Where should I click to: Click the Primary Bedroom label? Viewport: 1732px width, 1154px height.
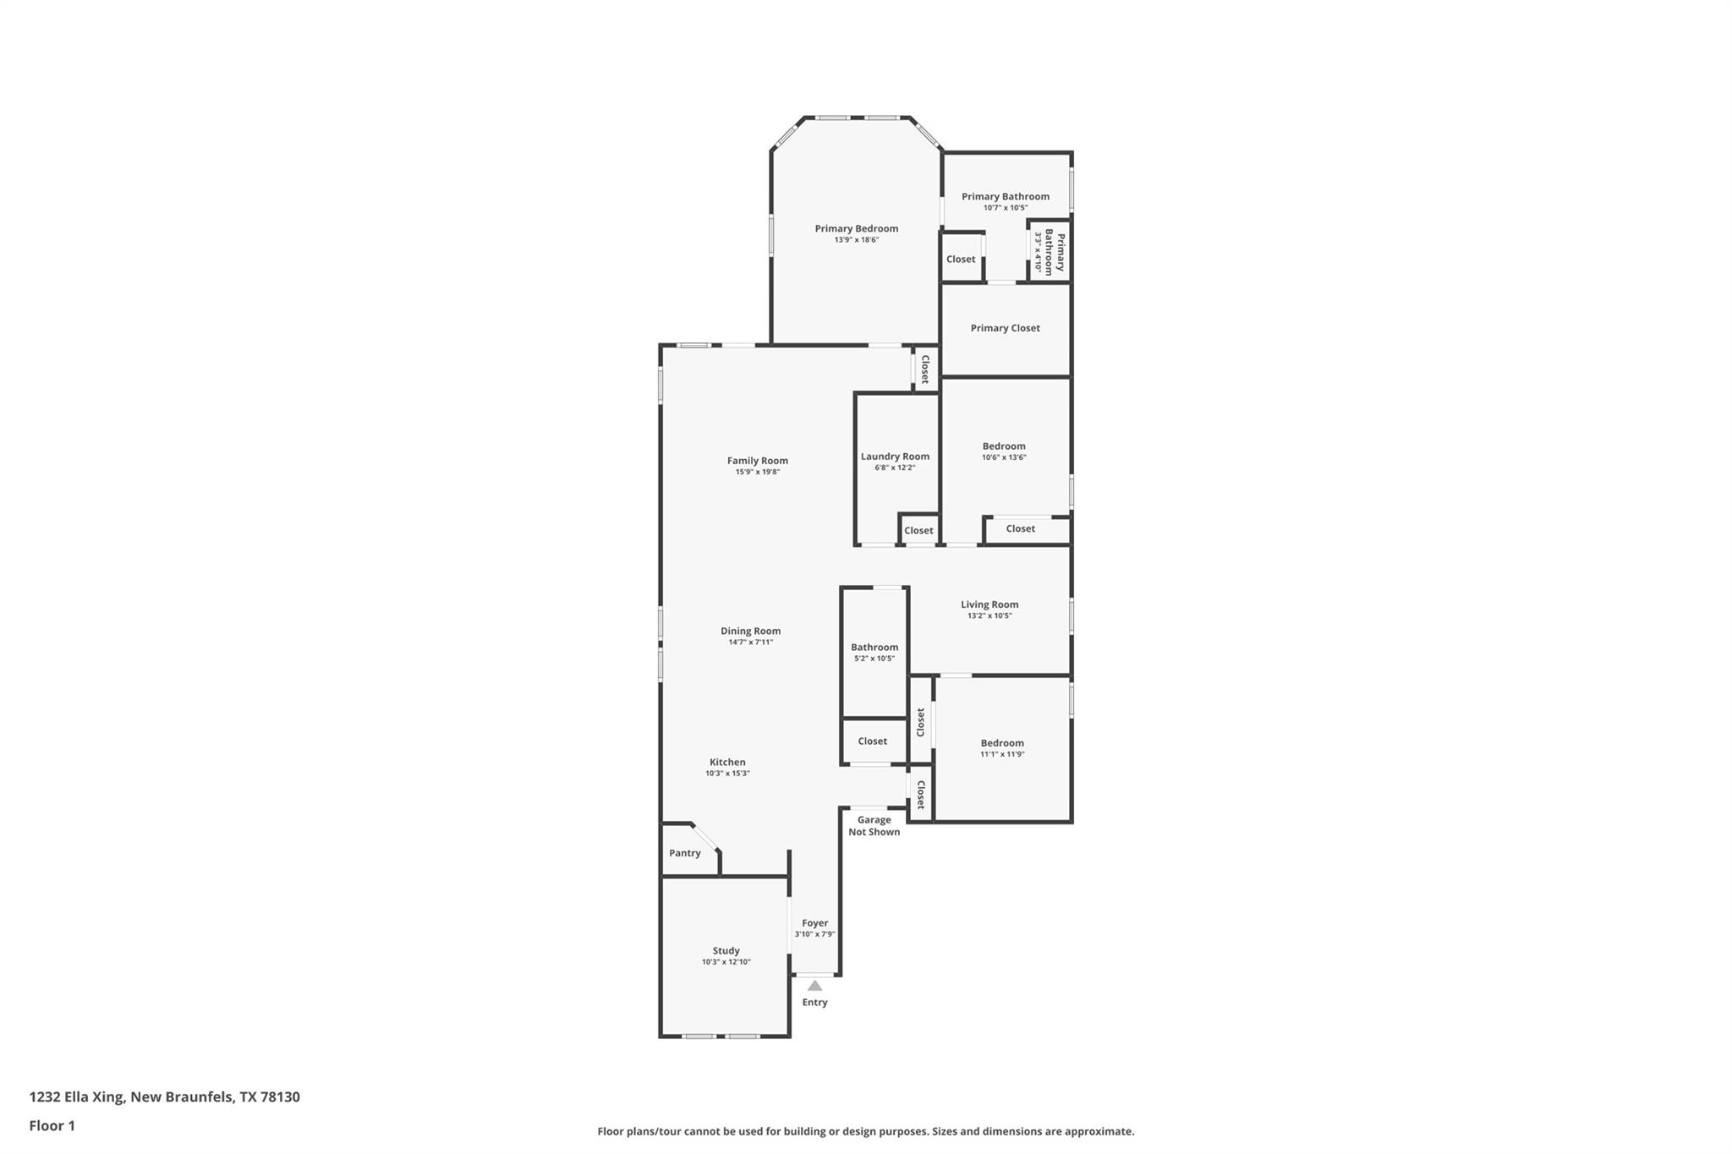856,228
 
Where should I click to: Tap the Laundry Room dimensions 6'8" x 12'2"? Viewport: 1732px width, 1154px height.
895,468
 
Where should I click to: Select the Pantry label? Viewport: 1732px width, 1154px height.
684,853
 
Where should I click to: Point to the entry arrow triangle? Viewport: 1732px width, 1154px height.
814,986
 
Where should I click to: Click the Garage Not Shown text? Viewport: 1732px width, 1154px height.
874,825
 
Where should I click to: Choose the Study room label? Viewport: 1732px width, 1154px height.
726,950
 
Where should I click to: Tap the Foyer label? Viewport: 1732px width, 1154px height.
814,923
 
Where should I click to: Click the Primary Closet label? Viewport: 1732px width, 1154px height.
1005,328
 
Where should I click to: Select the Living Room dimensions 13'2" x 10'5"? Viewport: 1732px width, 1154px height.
989,615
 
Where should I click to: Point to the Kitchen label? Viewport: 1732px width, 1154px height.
727,762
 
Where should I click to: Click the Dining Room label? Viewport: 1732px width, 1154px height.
750,631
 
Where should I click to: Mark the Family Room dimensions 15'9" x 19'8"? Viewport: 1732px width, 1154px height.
757,472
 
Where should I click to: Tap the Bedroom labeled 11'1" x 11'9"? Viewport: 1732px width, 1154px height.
1002,743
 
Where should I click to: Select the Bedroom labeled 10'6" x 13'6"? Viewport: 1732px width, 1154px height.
1004,446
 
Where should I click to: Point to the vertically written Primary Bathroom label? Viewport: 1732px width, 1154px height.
1055,251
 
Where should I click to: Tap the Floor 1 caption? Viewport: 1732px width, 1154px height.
52,1125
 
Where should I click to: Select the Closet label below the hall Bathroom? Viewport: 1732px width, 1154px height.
872,741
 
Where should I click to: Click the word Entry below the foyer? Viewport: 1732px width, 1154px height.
814,1003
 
